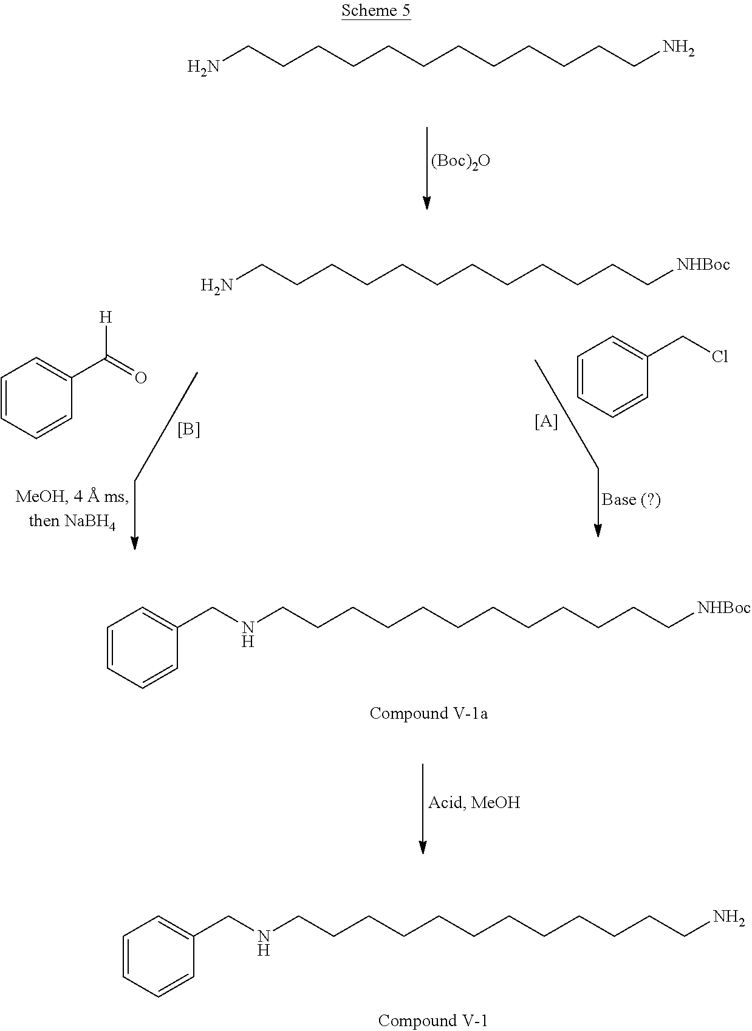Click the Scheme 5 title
click(x=375, y=11)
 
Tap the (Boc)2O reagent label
click(x=460, y=162)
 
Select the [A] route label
click(x=545, y=422)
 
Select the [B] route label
click(x=188, y=430)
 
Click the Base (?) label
click(x=631, y=499)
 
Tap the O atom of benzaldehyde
click(x=140, y=378)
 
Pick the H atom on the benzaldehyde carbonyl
click(x=106, y=317)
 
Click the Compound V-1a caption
click(x=428, y=713)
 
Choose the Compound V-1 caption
click(x=432, y=1020)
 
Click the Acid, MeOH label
click(x=474, y=803)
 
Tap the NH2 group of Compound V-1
click(x=728, y=917)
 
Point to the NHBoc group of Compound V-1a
click(x=723, y=608)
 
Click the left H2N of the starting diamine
click(x=203, y=66)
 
